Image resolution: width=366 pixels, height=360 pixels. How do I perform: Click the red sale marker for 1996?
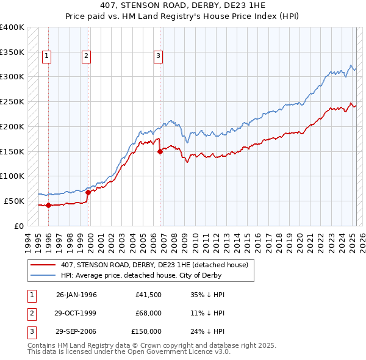[x=48, y=205]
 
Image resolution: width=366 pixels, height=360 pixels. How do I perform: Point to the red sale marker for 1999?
[x=88, y=192]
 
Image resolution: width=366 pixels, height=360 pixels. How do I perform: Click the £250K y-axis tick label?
[x=12, y=101]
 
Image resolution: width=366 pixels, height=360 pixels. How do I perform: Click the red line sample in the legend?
[x=43, y=265]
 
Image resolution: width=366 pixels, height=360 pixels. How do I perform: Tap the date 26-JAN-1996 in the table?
[x=76, y=295]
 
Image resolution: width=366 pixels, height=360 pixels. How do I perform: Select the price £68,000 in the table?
[x=149, y=313]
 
